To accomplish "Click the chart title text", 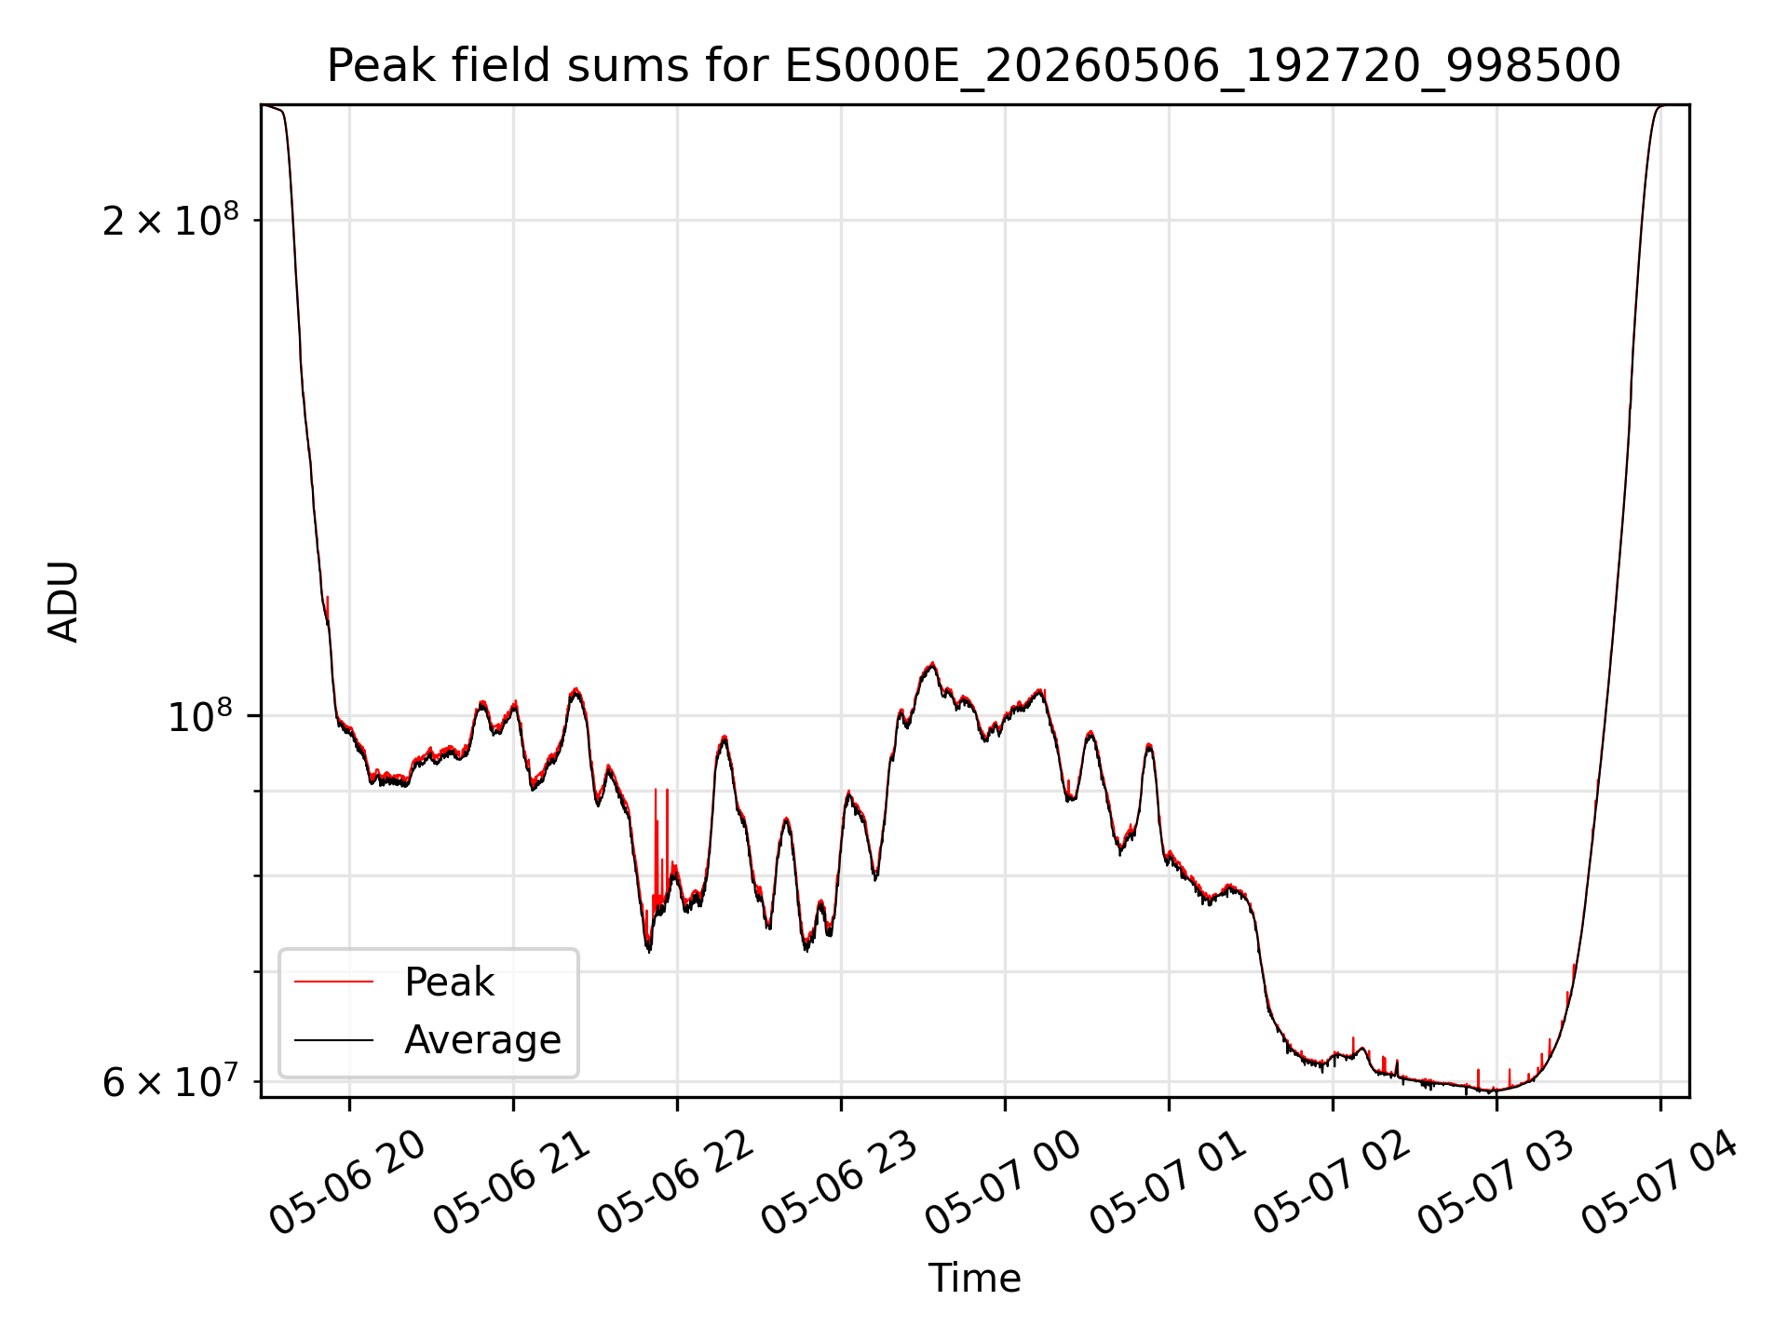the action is tap(974, 66).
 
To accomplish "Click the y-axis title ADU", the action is tap(63, 602).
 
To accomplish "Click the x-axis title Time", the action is tap(974, 1278).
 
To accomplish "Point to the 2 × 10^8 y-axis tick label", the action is tap(170, 220).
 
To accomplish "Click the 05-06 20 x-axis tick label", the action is tap(346, 1183).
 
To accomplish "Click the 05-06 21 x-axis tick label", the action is tap(511, 1183).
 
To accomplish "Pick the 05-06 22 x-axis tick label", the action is tap(675, 1183).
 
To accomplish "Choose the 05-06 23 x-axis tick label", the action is tap(839, 1183).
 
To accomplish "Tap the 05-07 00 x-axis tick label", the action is tap(1003, 1183).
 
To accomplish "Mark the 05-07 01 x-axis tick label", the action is tap(1167, 1183).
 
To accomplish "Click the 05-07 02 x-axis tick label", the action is tap(1331, 1183).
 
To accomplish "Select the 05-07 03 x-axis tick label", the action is tap(1495, 1183).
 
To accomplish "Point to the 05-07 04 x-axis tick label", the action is tap(1659, 1183).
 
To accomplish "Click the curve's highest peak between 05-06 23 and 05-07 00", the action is tap(932, 663).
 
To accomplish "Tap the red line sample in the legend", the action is tap(333, 982).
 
